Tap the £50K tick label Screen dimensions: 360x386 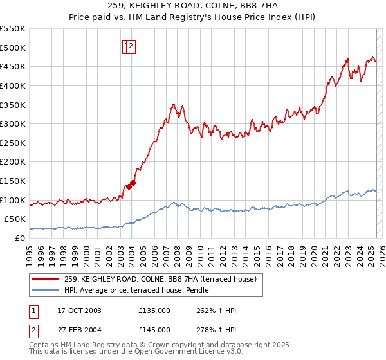click(x=15, y=219)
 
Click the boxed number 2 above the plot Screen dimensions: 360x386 click(x=131, y=46)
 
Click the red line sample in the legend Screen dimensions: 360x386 click(x=46, y=279)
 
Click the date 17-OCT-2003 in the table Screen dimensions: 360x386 click(x=79, y=310)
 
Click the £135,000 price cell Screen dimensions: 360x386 click(x=154, y=310)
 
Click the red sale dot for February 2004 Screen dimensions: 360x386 click(x=133, y=183)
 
